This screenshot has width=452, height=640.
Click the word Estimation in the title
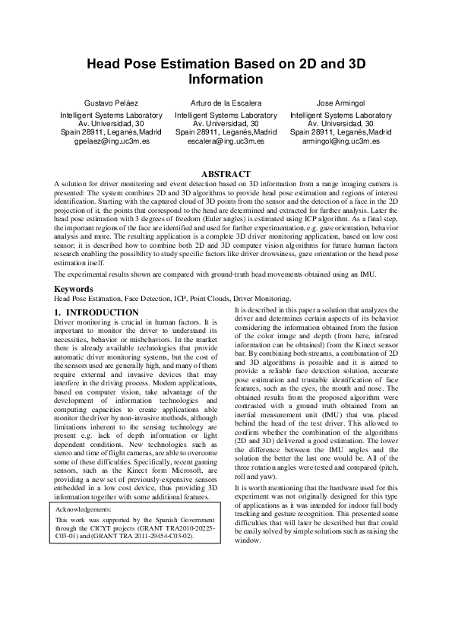click(194, 65)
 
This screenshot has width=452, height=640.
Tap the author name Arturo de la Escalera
click(226, 102)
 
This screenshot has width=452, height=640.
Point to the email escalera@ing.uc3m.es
click(226, 141)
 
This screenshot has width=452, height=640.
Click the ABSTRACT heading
click(226, 174)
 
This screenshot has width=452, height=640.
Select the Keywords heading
click(74, 289)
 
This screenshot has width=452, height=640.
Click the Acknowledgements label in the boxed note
click(84, 509)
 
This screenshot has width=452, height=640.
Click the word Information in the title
click(226, 80)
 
